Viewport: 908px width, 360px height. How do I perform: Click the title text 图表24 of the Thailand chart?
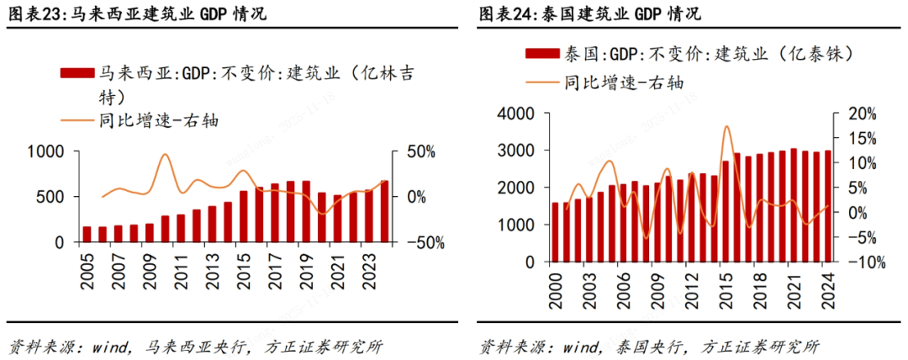click(x=508, y=14)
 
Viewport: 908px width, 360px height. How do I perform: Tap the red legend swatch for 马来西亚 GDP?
click(x=78, y=73)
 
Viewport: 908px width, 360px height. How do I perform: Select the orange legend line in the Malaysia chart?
click(x=78, y=119)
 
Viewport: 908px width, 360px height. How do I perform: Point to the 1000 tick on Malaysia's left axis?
click(x=46, y=151)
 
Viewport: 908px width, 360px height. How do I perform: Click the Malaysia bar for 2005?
click(x=87, y=234)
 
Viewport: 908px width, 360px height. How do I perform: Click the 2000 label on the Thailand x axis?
click(x=554, y=289)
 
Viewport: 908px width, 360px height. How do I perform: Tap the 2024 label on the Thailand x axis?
click(x=827, y=289)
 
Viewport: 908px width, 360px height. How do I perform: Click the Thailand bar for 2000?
click(x=554, y=232)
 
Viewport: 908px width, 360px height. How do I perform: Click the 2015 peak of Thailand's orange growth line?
click(x=726, y=126)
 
